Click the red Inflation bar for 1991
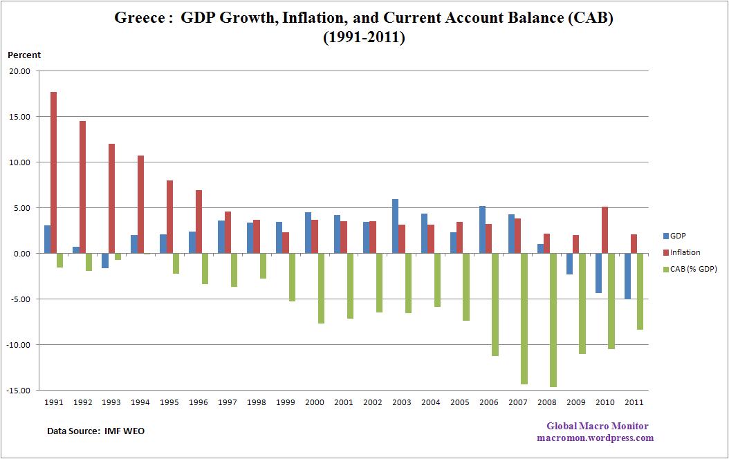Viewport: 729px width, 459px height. [54, 173]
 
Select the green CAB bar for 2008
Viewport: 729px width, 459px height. [553, 320]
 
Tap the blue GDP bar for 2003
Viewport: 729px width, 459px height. [394, 226]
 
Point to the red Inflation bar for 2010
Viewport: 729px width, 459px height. [605, 230]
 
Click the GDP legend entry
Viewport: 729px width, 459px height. [677, 236]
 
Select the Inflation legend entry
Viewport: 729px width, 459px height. [685, 252]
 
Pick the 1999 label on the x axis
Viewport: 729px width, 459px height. [285, 402]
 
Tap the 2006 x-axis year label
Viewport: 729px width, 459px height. [488, 402]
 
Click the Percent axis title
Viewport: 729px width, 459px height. [24, 55]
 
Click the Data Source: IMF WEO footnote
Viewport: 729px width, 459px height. [95, 431]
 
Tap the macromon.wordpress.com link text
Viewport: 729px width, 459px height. [595, 438]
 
